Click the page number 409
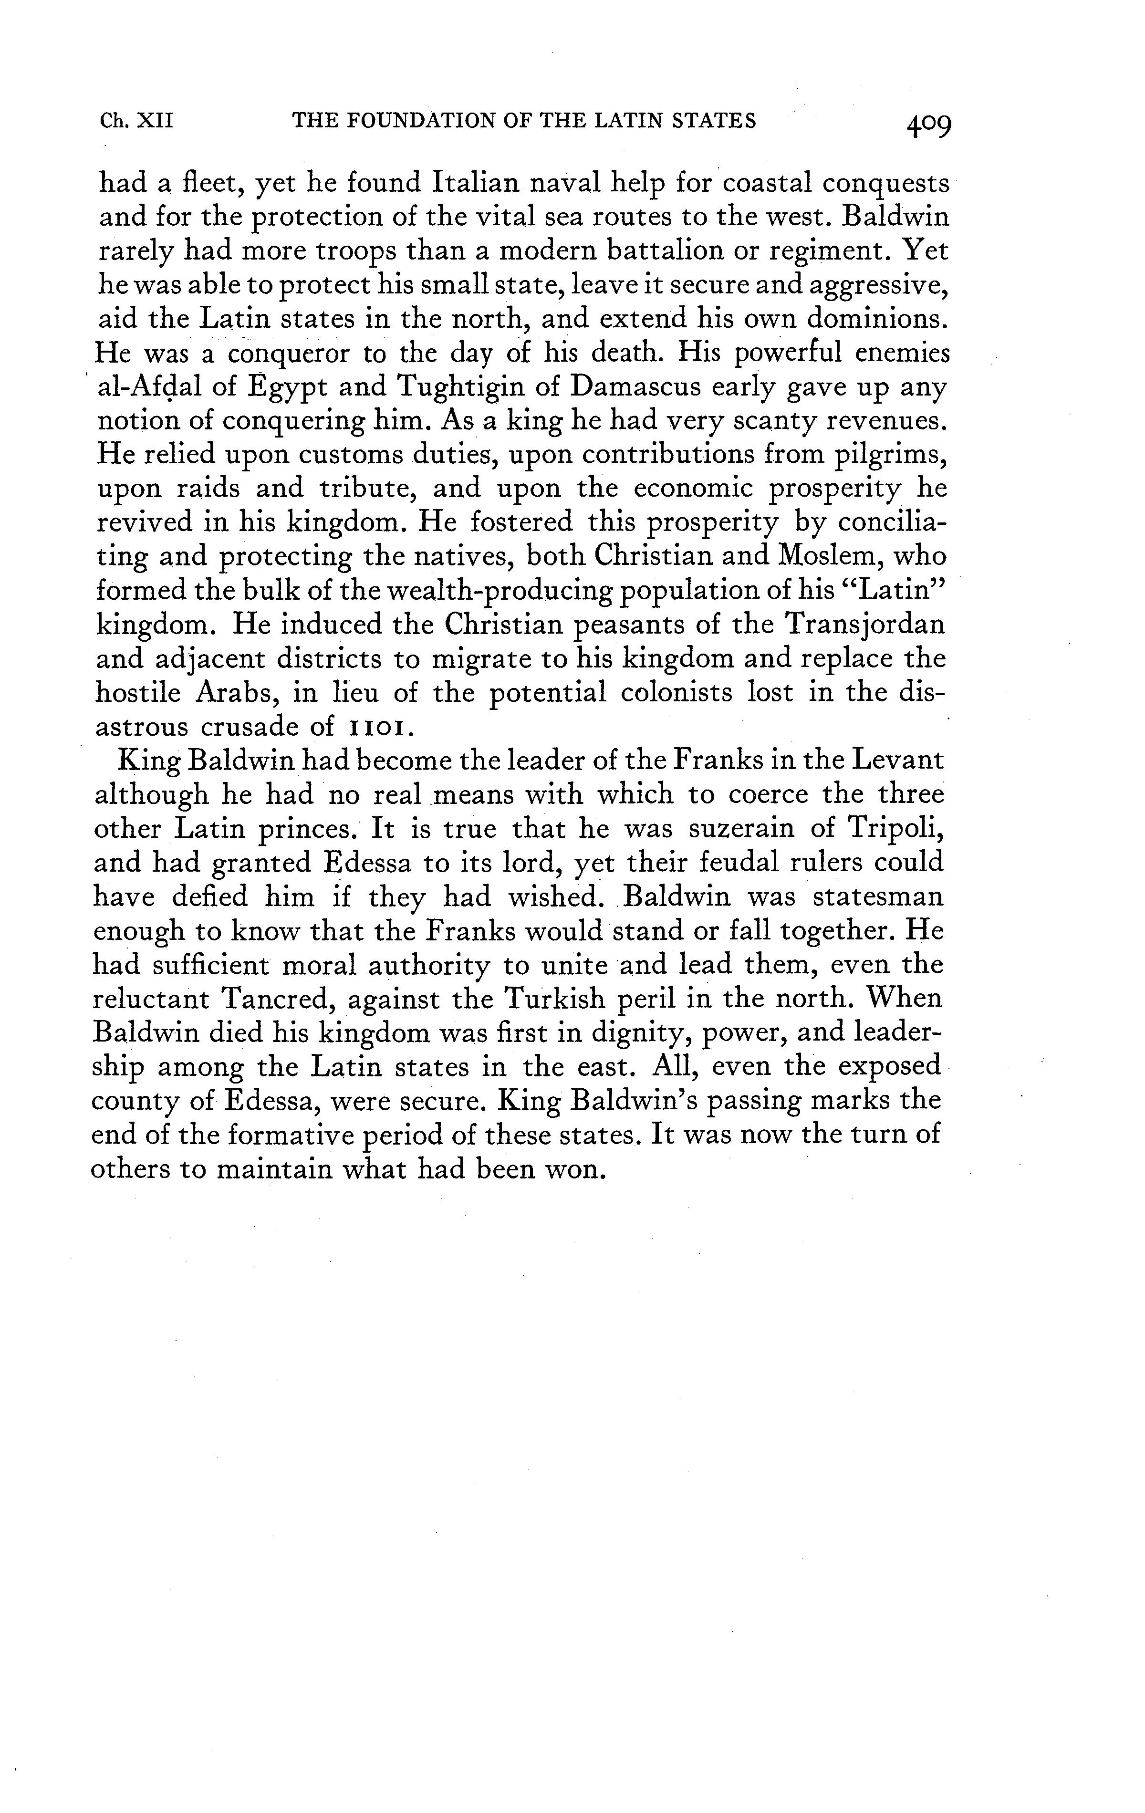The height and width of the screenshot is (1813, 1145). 928,124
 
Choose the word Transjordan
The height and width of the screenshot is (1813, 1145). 864,625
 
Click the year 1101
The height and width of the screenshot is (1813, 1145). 380,727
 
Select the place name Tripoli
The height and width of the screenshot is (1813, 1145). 895,829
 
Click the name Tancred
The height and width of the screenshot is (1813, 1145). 277,999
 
